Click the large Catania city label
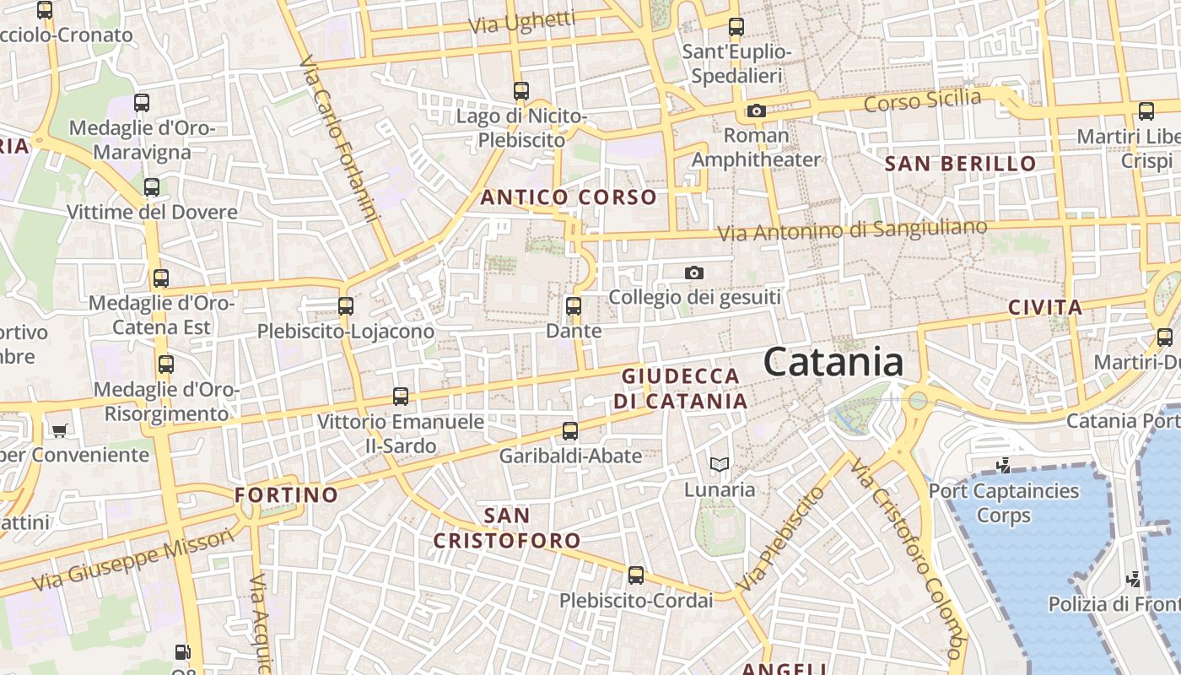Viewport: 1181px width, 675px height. click(x=833, y=362)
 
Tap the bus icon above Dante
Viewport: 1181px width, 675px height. click(x=574, y=305)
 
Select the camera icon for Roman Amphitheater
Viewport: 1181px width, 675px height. click(x=756, y=111)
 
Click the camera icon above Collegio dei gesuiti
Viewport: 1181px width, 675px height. click(x=694, y=273)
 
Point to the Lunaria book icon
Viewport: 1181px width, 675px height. click(x=719, y=464)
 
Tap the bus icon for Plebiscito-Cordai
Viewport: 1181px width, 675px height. click(x=636, y=575)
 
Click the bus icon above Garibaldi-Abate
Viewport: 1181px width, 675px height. click(x=570, y=431)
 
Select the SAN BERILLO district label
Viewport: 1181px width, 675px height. click(x=960, y=164)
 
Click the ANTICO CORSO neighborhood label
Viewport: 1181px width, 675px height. click(x=569, y=197)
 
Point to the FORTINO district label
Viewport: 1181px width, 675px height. click(x=287, y=494)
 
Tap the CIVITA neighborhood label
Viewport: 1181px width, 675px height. click(x=1045, y=307)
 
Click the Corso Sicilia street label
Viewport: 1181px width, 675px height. click(x=923, y=100)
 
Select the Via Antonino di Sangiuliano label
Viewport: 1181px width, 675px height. click(x=852, y=229)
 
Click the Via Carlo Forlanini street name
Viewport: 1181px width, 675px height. click(x=337, y=139)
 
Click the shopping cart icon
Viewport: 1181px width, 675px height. click(x=59, y=430)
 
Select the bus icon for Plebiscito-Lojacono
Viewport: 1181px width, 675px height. click(x=346, y=305)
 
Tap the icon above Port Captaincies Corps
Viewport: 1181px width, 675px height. click(x=1003, y=465)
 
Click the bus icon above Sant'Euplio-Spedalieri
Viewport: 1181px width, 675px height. click(x=736, y=26)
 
